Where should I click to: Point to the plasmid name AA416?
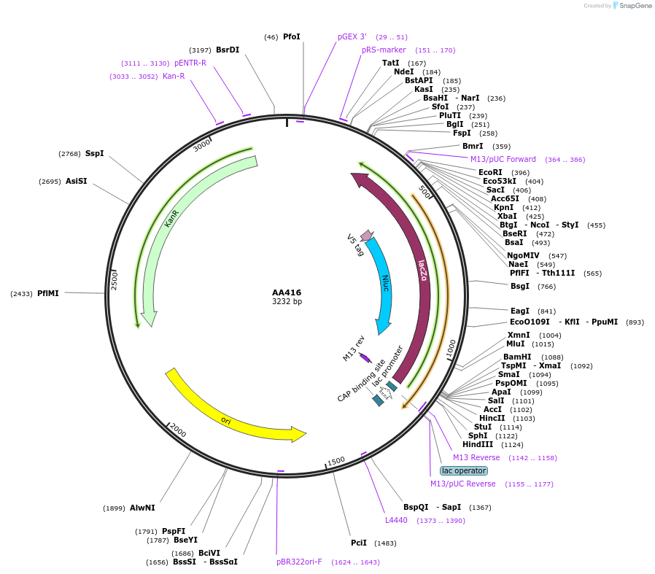[287, 292]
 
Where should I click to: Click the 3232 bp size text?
[287, 301]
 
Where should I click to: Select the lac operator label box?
[463, 470]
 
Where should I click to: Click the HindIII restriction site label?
[478, 444]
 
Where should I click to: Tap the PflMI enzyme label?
[48, 293]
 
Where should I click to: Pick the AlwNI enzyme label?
[142, 508]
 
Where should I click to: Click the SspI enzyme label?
[95, 153]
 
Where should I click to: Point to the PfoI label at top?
[292, 36]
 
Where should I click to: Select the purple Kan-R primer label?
[174, 76]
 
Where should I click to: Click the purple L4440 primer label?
[396, 520]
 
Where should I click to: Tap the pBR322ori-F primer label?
[299, 562]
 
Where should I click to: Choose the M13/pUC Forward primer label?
[503, 159]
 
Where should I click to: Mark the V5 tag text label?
[355, 245]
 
